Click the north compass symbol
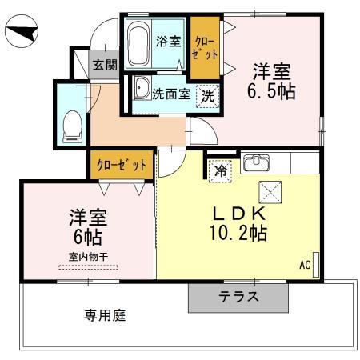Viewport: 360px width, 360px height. (22, 31)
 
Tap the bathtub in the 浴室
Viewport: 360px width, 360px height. (138, 43)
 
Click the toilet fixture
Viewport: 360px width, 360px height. (73, 126)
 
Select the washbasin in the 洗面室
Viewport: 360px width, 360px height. (142, 88)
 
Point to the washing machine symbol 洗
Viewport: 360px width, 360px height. (208, 96)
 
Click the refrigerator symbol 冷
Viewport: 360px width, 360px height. (221, 171)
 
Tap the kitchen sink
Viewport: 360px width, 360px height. (256, 162)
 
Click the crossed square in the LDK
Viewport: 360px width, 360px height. (270, 192)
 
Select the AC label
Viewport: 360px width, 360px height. (306, 265)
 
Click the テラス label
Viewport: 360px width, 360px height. (238, 297)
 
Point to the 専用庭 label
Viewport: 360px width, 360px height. (105, 315)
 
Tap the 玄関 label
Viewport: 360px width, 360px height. (105, 65)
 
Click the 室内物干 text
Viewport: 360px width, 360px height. (88, 257)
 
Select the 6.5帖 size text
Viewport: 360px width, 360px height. (271, 91)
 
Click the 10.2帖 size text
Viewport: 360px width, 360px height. (238, 233)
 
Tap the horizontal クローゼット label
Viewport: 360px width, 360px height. (122, 165)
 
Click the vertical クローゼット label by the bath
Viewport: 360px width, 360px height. (206, 49)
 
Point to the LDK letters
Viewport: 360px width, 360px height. (239, 214)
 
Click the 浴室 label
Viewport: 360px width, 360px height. (169, 42)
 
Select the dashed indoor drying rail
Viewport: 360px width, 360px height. (88, 267)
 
